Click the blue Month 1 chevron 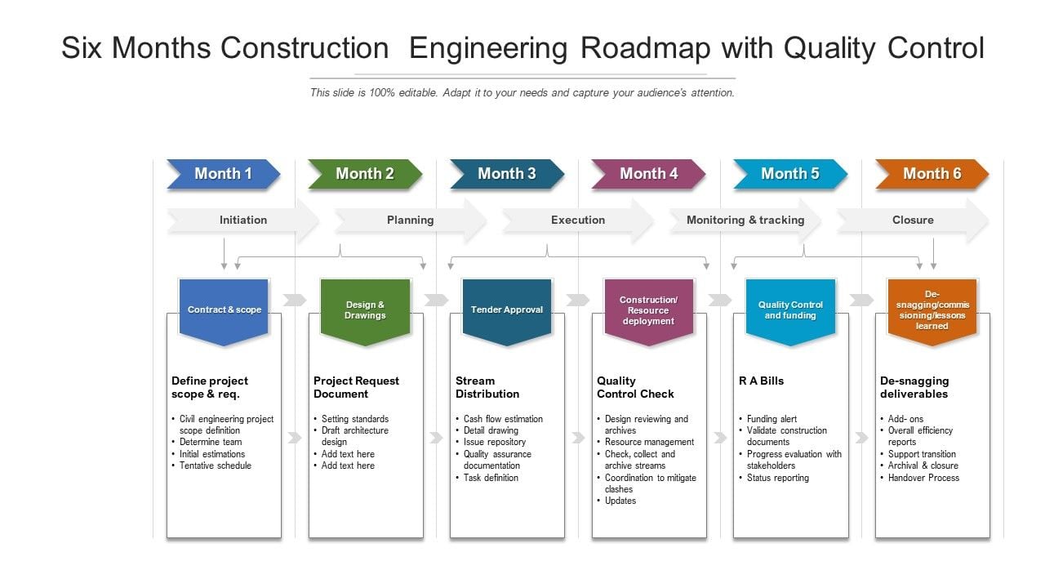tap(224, 174)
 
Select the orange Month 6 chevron tap(932, 174)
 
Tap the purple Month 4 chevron tap(648, 174)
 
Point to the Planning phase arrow tap(411, 220)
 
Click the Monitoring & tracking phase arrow tap(745, 220)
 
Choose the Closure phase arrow tap(913, 220)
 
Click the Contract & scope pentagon tap(224, 312)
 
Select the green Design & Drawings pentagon tap(365, 312)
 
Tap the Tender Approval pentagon tap(507, 312)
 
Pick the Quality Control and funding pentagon tap(790, 312)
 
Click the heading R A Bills tap(762, 381)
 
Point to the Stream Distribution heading tap(487, 387)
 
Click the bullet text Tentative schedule tap(216, 465)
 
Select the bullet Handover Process tap(923, 478)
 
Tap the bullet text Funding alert tap(772, 419)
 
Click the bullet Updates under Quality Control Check tap(620, 501)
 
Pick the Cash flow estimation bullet tap(504, 419)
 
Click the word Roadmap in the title tap(646, 48)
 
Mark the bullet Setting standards tap(355, 419)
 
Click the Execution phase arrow tap(578, 220)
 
